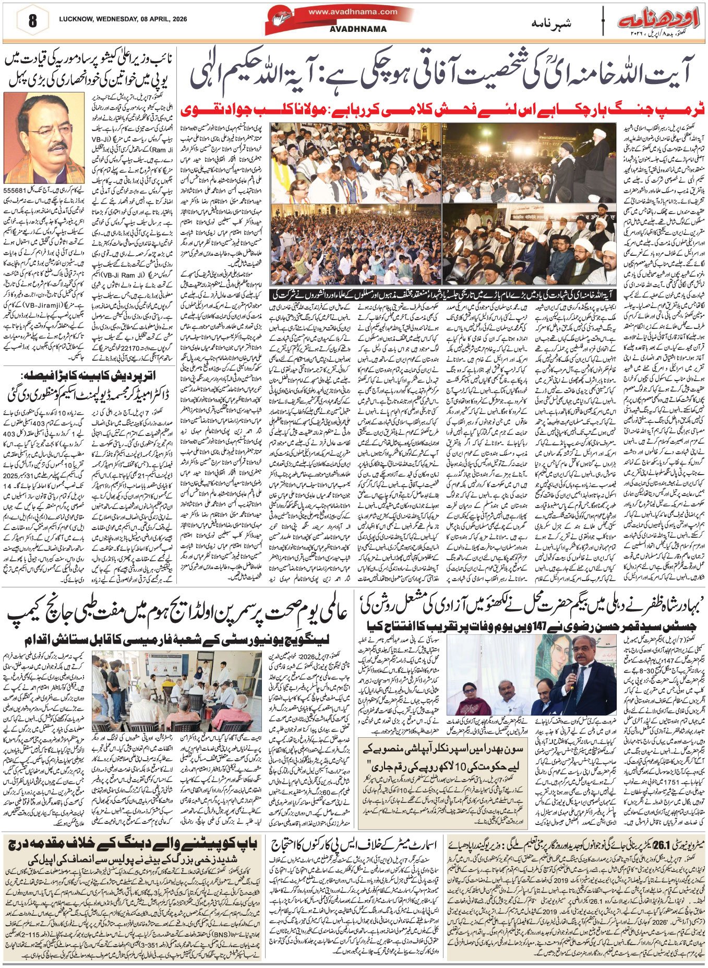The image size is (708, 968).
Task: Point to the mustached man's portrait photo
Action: click(x=44, y=138)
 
